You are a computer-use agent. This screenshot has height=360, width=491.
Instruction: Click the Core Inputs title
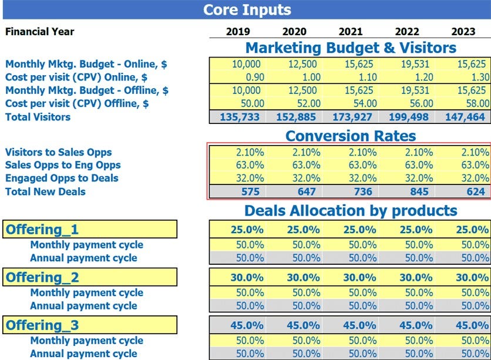pos(246,9)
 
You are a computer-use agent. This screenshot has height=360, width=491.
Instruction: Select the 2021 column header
pos(351,32)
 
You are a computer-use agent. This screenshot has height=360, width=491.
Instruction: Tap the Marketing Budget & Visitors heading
pos(351,48)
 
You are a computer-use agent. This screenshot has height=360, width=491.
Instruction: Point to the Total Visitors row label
pos(38,117)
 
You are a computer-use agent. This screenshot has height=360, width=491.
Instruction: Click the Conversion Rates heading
pos(351,136)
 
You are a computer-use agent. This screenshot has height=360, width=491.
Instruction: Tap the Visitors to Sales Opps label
pos(58,152)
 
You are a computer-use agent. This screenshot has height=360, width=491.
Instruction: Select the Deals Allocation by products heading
pos(351,210)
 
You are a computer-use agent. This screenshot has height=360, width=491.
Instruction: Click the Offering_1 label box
pos(90,230)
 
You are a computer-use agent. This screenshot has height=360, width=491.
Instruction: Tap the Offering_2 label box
pos(90,277)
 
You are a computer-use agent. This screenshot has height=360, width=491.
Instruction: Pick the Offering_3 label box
pos(90,325)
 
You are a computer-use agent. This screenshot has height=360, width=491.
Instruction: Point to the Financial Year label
pos(40,32)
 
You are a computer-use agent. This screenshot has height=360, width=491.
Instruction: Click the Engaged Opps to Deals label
pos(62,178)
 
